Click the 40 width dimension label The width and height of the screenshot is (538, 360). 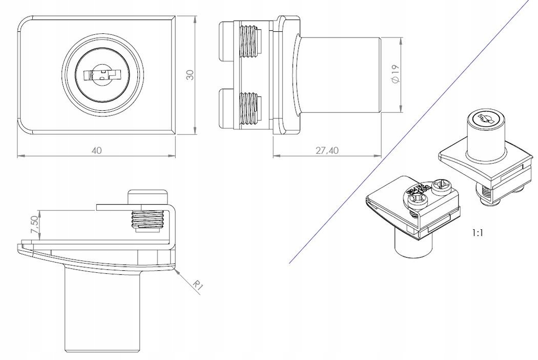point(97,150)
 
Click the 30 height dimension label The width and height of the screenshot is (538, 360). point(190,75)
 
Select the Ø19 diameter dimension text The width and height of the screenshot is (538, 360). point(395,75)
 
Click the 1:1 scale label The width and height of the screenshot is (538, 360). point(477,232)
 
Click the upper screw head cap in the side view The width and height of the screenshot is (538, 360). point(225,41)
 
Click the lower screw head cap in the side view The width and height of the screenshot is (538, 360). point(225,108)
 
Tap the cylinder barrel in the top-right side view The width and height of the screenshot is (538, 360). point(339,75)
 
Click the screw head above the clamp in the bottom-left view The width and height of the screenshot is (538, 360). point(148,196)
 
